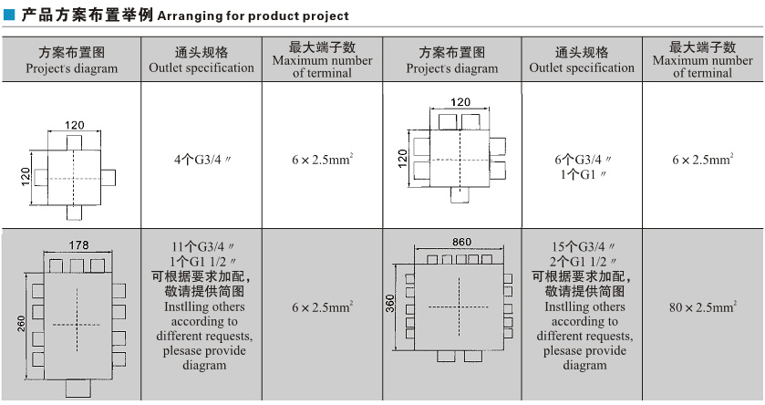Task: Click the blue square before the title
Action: point(9,16)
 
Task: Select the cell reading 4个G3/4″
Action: point(202,160)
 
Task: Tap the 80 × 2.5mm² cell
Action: point(703,306)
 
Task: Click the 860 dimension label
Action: point(461,242)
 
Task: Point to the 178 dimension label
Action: point(78,245)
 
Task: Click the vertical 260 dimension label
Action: point(21,324)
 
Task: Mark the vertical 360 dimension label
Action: point(390,304)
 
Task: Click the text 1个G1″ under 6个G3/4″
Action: point(582,174)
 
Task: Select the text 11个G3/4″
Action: point(202,246)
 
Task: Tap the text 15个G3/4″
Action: point(582,246)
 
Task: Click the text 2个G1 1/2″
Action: point(582,262)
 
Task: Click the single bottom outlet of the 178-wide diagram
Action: point(78,389)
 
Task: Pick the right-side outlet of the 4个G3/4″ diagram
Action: point(109,178)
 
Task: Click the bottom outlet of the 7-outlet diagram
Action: point(460,194)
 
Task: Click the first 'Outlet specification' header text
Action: point(202,67)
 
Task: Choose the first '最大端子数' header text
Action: point(322,47)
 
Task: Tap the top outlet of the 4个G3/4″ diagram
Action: point(74,143)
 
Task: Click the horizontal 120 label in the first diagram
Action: point(74,125)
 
